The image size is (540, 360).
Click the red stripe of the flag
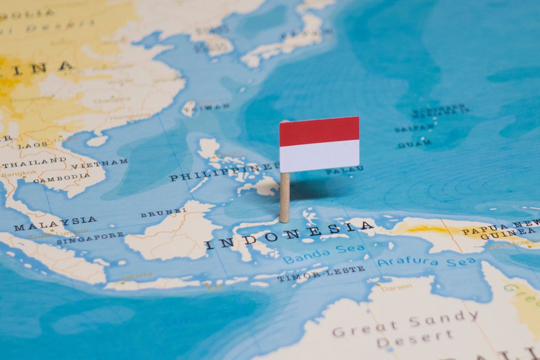click(x=319, y=131)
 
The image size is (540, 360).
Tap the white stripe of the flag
click(x=319, y=155)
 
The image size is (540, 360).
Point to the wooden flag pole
click(x=284, y=198)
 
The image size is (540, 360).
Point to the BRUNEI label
click(x=163, y=212)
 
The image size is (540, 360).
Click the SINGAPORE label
click(x=90, y=238)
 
